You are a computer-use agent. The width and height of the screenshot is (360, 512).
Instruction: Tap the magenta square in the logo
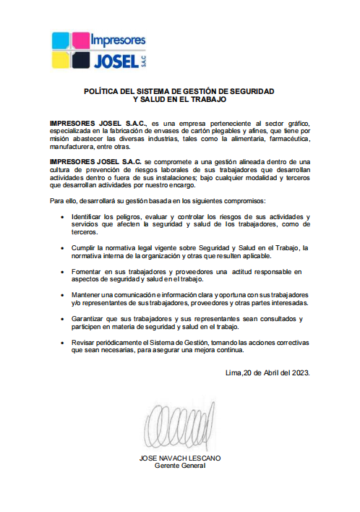pos(81,40)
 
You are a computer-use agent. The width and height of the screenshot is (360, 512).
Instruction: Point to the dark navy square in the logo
pos(81,59)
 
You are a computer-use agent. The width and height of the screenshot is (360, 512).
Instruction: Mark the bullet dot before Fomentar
pos(66,272)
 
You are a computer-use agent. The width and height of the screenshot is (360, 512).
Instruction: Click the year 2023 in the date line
pos(299,372)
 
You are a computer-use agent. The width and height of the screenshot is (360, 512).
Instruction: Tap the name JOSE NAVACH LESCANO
pos(180,458)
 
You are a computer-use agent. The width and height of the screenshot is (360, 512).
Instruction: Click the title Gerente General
pos(180,466)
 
